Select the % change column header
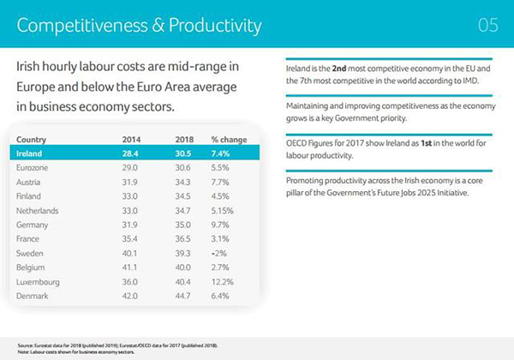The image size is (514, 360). (x=229, y=139)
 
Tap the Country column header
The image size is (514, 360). (x=32, y=139)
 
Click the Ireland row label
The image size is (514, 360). (x=30, y=153)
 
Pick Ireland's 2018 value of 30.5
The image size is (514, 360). (x=182, y=153)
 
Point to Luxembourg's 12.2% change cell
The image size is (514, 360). (x=224, y=280)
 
